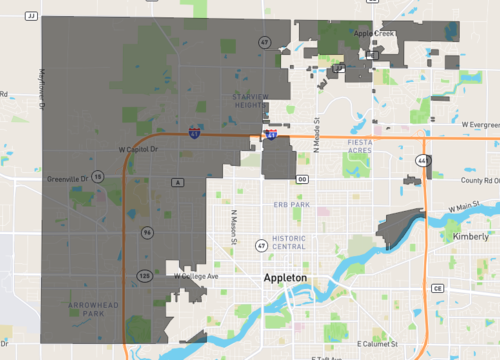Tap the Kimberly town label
(x=471, y=237)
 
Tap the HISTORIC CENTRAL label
(x=295, y=241)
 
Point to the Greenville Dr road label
(x=67, y=178)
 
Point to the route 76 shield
(x=147, y=232)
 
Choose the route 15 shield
(x=98, y=177)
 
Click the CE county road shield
(x=437, y=288)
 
